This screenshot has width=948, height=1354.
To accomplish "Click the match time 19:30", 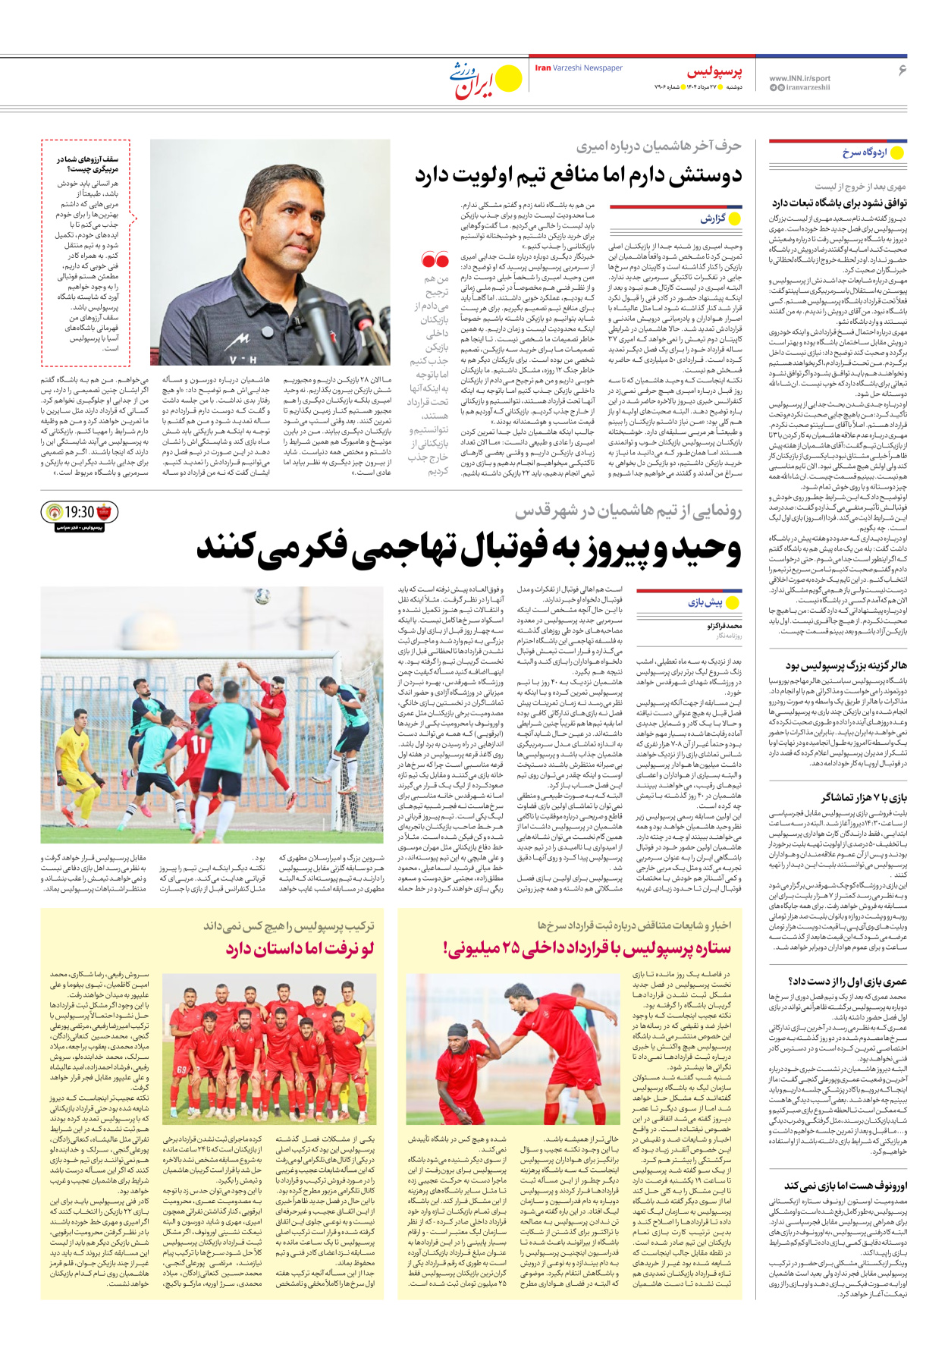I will point(80,513).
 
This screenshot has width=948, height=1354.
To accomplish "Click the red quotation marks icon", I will point(435,260).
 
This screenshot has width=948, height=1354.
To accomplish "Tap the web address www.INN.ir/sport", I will point(799,78).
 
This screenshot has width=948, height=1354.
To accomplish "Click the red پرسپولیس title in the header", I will point(714,72).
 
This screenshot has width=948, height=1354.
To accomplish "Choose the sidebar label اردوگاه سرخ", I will point(864,152).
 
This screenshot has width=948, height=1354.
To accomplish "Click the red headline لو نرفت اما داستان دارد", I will point(300,949).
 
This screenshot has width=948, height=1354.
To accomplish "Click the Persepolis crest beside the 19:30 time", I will point(105,512).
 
